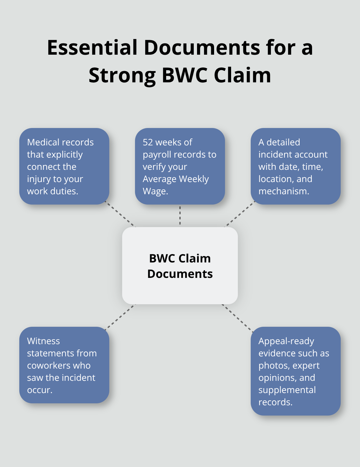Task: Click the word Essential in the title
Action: coord(92,48)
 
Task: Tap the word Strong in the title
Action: coord(122,75)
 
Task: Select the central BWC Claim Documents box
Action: coord(180,266)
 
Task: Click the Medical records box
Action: coord(64,166)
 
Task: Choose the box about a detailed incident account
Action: coord(295,166)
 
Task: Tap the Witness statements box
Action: coord(64,365)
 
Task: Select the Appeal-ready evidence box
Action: coord(295,371)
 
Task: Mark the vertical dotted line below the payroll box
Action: coord(180,215)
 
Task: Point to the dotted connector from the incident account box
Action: coord(239,214)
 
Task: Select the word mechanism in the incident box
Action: coord(283,191)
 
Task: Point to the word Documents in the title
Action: coord(202,48)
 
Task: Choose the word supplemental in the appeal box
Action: coord(287,390)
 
